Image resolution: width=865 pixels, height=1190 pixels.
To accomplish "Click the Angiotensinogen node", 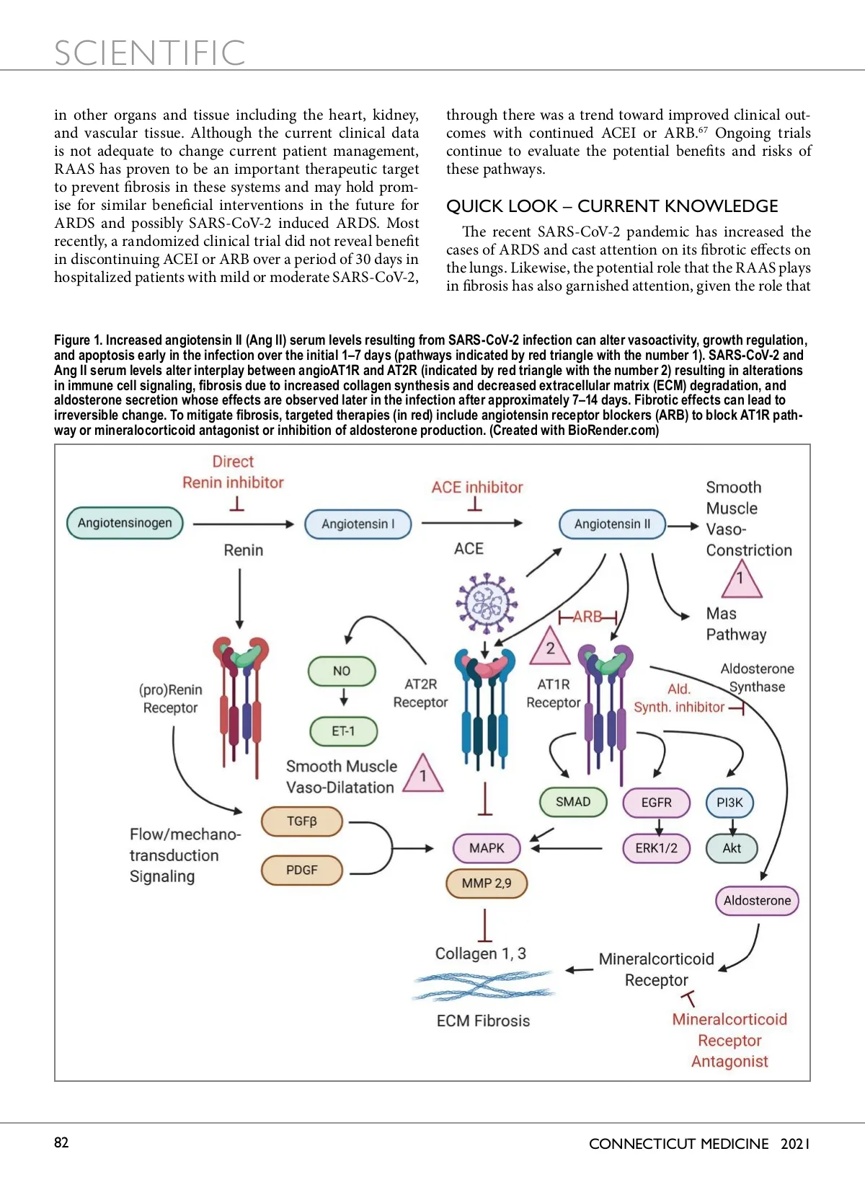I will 125,523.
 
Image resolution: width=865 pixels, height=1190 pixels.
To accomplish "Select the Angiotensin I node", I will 358,524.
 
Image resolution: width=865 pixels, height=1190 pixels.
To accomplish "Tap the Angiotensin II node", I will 612,524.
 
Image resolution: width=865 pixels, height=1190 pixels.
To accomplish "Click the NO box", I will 342,671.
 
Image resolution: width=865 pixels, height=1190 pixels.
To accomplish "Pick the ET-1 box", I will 343,731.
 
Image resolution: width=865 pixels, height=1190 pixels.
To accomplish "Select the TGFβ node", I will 301,821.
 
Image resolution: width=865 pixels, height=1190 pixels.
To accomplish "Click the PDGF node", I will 301,870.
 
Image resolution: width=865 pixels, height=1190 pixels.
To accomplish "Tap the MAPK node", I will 487,848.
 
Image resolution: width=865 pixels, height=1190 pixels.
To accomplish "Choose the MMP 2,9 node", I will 487,883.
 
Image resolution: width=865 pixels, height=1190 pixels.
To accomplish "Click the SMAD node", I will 573,802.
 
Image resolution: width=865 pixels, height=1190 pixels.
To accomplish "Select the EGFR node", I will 656,803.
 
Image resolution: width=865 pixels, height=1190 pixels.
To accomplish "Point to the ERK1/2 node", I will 656,848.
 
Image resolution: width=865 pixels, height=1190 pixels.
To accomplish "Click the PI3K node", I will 729,803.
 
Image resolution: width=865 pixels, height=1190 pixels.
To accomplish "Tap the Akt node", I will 732,848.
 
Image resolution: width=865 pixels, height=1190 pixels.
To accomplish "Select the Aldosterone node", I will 757,900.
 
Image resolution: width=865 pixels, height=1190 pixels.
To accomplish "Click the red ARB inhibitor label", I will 587,617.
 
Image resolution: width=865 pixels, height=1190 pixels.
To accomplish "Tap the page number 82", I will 61,1142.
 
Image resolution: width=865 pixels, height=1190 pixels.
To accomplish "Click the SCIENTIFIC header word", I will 150,53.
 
